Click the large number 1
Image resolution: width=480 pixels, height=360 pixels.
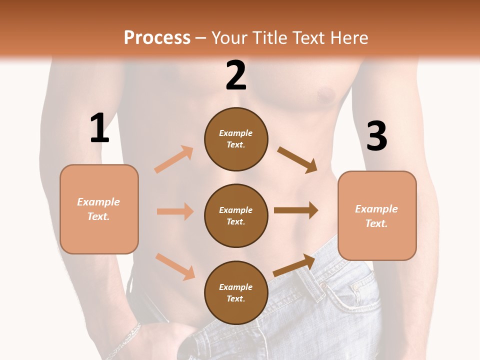(x=99, y=128)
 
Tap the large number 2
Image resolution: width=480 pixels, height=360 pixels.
(x=236, y=75)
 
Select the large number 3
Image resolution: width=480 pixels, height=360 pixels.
(x=377, y=136)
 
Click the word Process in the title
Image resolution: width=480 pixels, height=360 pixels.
(x=157, y=37)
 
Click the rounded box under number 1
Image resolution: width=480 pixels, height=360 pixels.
(x=99, y=209)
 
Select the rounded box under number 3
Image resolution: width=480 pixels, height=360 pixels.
(x=377, y=215)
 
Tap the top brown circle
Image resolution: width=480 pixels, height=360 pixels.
(x=236, y=139)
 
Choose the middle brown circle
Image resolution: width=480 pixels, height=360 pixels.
(x=236, y=215)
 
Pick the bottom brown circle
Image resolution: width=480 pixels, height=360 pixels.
(x=236, y=292)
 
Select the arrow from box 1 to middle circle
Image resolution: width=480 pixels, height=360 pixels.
(x=175, y=211)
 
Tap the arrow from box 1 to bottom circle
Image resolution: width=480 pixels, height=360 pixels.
(x=175, y=266)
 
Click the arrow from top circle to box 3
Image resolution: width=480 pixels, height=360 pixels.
(x=297, y=160)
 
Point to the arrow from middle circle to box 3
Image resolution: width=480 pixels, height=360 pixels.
(x=296, y=210)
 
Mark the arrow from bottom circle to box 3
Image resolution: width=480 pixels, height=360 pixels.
(x=294, y=265)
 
